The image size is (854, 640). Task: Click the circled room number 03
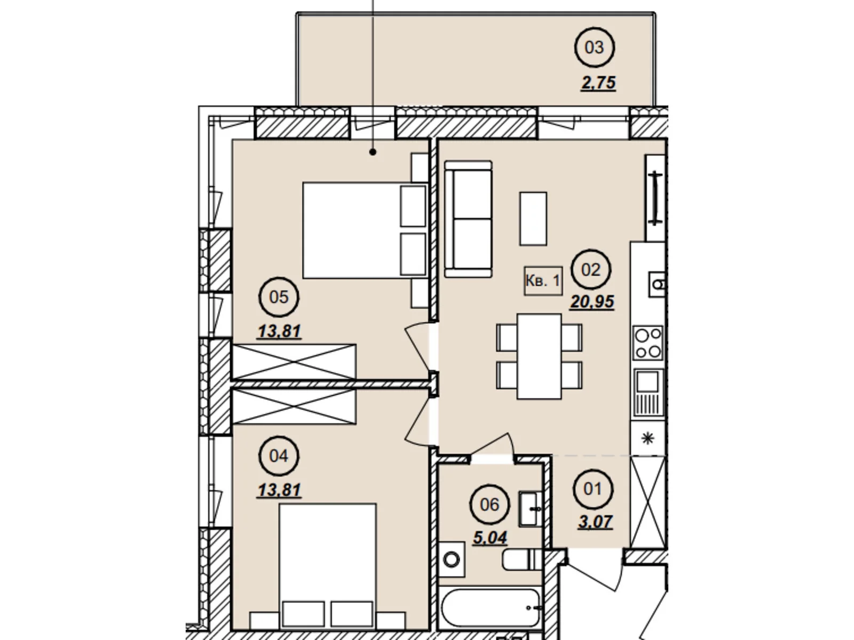(x=594, y=47)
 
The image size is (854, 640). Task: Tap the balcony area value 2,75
(x=598, y=83)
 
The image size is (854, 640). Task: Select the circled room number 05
(x=279, y=297)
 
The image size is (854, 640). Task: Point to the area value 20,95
(x=592, y=301)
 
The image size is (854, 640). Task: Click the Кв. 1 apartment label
(x=543, y=281)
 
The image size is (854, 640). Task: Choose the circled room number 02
(x=591, y=270)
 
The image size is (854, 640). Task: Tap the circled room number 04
(x=279, y=456)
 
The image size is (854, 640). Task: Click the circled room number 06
(x=489, y=505)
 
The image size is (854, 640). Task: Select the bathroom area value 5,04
(x=490, y=538)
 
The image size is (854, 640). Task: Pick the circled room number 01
(x=593, y=489)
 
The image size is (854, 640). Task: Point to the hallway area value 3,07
(x=595, y=522)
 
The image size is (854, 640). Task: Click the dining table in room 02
(x=539, y=356)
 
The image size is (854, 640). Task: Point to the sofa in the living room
(x=469, y=219)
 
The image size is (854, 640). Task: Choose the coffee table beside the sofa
(x=533, y=218)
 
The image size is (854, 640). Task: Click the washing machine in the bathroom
(x=452, y=560)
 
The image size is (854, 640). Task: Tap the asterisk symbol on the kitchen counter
(x=647, y=439)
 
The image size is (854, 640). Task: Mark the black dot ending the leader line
(x=373, y=153)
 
